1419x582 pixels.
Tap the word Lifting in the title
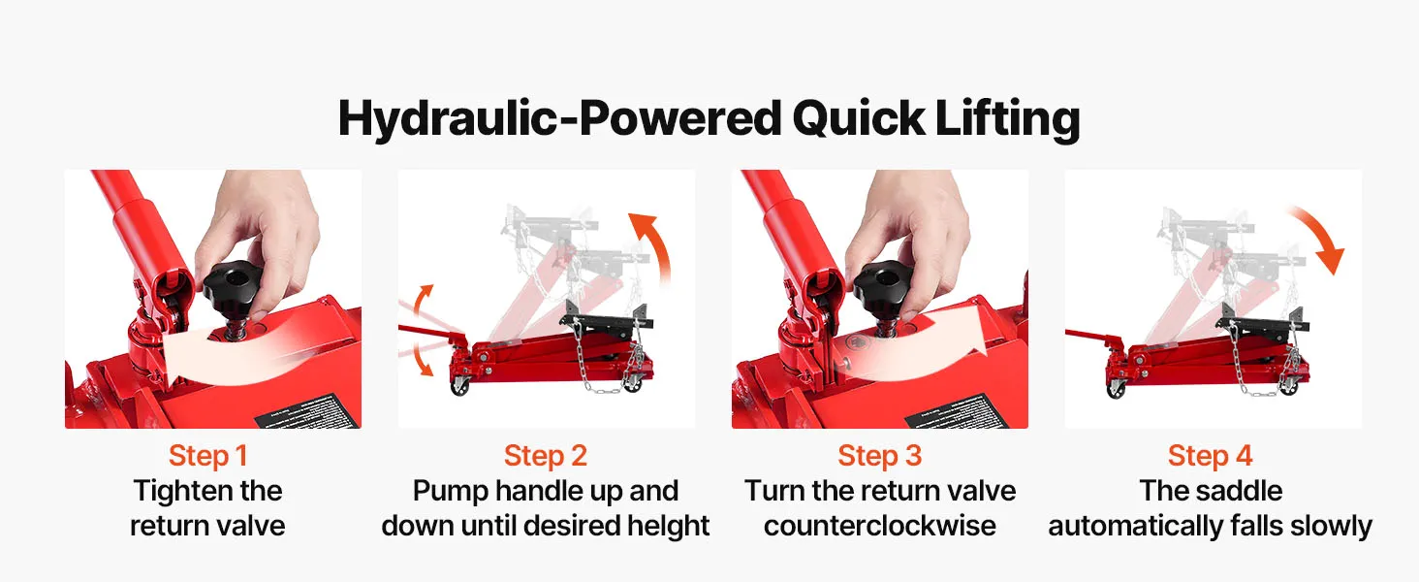point(1007,119)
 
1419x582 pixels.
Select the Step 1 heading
point(207,456)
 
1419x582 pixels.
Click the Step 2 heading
point(546,456)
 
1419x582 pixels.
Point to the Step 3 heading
point(880,456)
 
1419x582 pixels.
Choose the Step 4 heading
point(1211,456)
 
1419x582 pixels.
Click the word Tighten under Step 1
point(176,492)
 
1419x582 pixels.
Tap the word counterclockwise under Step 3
point(880,526)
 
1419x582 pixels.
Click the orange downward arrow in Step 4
point(1321,238)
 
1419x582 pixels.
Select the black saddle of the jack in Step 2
point(608,320)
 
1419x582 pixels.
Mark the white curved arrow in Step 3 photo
point(919,345)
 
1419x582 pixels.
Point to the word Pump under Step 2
point(451,492)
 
